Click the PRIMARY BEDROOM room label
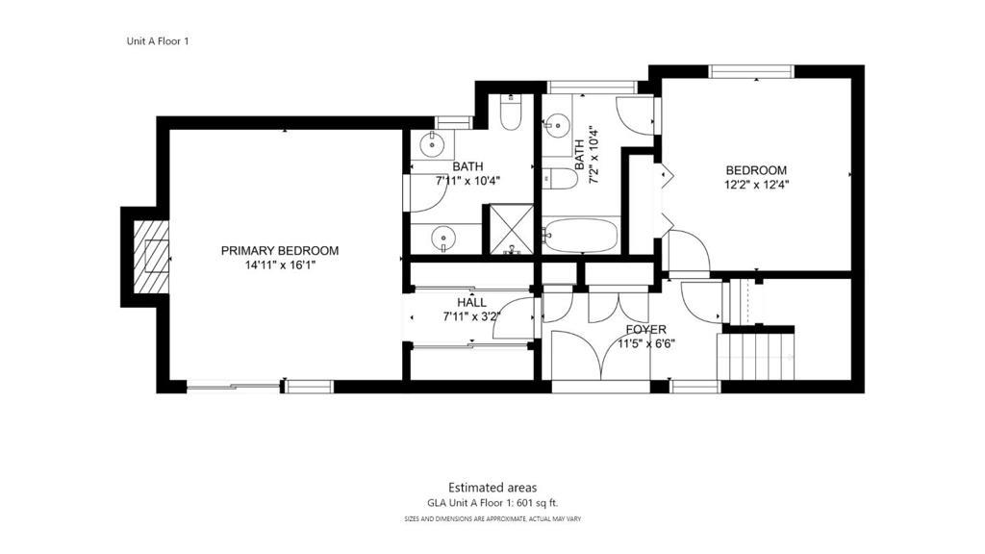tap(280, 251)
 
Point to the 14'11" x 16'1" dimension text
tap(280, 265)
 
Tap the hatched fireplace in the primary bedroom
tap(151, 257)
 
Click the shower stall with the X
tap(511, 229)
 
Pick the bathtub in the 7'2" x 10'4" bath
tap(581, 235)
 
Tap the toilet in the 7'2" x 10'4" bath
tap(560, 179)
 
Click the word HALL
tap(471, 303)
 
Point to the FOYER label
tap(645, 330)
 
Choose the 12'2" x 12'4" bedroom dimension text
tap(756, 185)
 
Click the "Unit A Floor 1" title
tap(158, 41)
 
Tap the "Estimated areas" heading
tap(492, 488)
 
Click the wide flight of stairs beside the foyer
tap(756, 357)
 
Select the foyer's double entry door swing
tap(600, 356)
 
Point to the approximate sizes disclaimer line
tap(492, 519)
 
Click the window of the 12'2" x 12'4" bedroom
tap(751, 71)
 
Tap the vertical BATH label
tap(579, 155)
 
